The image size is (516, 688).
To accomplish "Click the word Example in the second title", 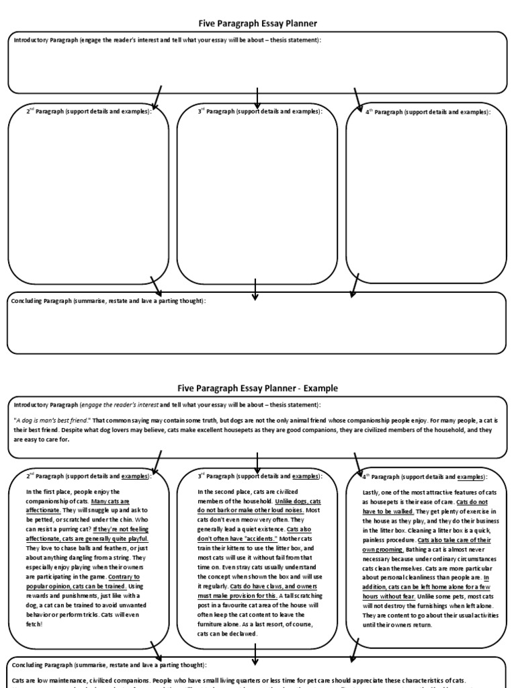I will pyautogui.click(x=321, y=388).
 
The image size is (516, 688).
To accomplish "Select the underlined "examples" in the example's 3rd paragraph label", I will pyautogui.click(x=306, y=476).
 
